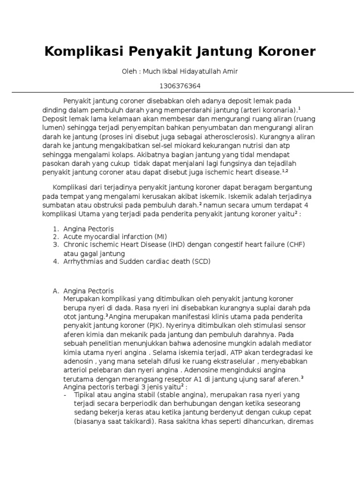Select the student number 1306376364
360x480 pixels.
(x=180, y=86)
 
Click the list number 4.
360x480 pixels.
(x=55, y=262)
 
